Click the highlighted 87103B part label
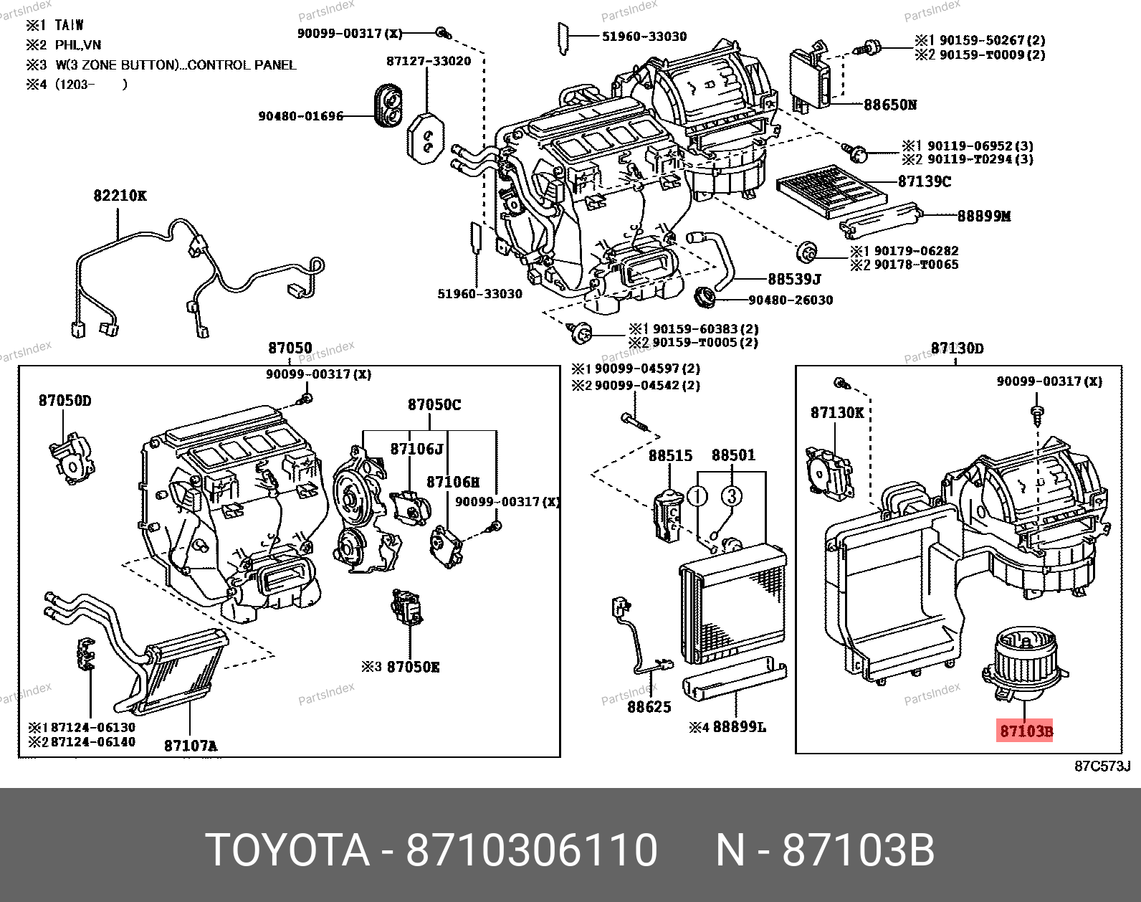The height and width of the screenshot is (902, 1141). (1026, 731)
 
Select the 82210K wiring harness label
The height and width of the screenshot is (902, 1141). (120, 195)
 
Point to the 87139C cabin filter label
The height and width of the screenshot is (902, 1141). (924, 181)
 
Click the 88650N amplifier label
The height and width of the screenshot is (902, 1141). (889, 105)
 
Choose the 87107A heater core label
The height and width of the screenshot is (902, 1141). (190, 745)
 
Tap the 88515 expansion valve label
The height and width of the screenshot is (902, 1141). (670, 455)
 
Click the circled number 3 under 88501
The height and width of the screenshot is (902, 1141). (730, 495)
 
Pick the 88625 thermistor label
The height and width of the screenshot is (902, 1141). (649, 706)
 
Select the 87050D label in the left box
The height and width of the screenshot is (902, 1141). (65, 400)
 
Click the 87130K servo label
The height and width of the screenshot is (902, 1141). (837, 412)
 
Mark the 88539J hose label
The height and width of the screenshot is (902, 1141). (794, 278)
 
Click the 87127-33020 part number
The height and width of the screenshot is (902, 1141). (429, 61)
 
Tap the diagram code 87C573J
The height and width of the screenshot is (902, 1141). (1102, 766)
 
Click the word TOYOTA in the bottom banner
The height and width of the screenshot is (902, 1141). (287, 850)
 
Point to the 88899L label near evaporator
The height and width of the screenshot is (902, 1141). (737, 727)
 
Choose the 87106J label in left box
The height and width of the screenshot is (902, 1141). (416, 449)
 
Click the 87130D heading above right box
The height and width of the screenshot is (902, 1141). (957, 348)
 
